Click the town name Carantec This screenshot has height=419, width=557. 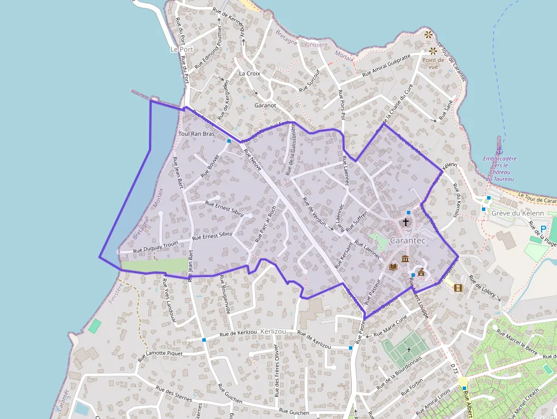coord(408,240)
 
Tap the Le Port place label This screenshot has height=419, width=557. coord(182,49)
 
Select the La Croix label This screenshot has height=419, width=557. coord(249,73)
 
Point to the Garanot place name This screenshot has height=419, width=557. coord(265,105)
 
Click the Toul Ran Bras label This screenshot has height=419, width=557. coord(196,134)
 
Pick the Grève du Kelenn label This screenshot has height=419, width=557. coord(518,213)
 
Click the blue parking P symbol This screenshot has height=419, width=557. coord(543,229)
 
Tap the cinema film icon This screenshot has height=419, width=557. coord(458,288)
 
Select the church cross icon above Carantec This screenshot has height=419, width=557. coord(406,222)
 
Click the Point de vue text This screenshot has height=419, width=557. coord(433,63)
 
